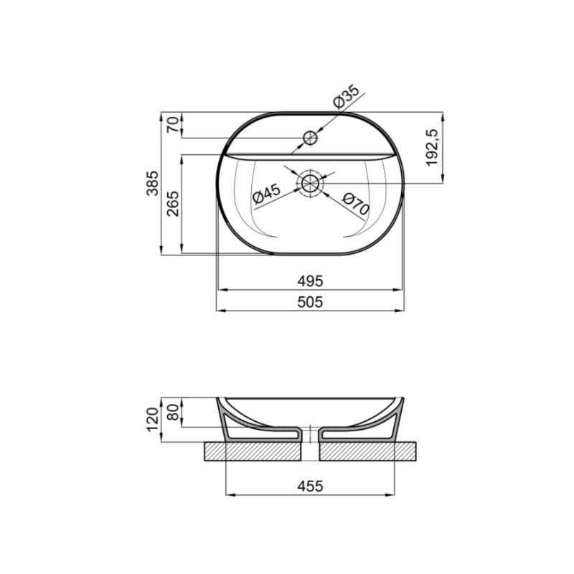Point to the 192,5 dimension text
point(432,147)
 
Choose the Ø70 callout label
point(354,204)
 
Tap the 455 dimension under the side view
point(311,486)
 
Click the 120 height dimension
point(152,420)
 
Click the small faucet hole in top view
point(311,137)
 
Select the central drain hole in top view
point(311,183)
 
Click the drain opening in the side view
point(311,435)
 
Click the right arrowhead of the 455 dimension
point(392,494)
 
